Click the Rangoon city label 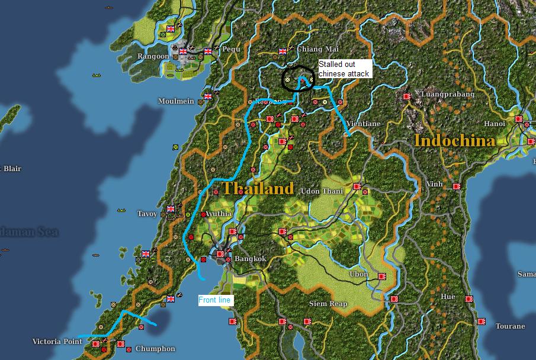tap(153, 56)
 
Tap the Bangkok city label tap(251, 259)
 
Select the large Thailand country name tap(258, 189)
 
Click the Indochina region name tap(454, 141)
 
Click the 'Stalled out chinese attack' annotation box tap(345, 69)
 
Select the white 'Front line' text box tap(215, 300)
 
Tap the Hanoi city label tap(494, 124)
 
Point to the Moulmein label tap(176, 101)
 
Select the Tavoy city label tap(147, 214)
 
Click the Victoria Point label tap(58, 342)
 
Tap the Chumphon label tap(155, 349)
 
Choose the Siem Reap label tap(328, 304)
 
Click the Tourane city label tap(510, 326)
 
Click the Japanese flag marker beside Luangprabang tap(407, 96)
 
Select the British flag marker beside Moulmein tap(208, 96)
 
